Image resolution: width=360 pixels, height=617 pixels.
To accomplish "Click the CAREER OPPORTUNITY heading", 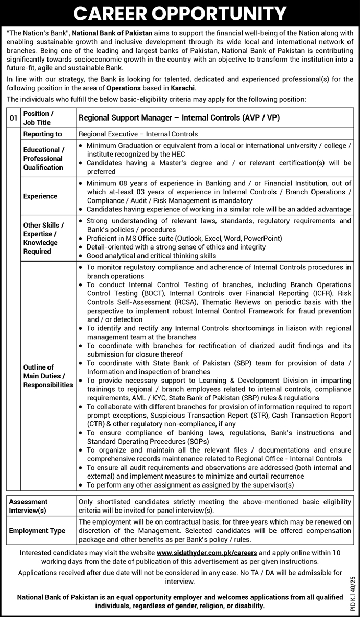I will point(180,12).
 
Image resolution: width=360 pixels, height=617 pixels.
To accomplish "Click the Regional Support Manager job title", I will point(178,118).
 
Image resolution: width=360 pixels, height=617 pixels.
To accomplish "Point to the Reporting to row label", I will point(42,134).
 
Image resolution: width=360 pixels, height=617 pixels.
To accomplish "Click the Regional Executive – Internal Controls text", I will point(138,134).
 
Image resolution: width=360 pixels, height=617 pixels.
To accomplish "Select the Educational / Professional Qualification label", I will point(43,159).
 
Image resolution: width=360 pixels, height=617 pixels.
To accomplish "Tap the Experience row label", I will point(40,196).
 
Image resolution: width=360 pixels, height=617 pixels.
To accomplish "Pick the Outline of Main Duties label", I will point(47,376).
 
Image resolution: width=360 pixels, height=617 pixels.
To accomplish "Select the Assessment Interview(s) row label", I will point(28,505).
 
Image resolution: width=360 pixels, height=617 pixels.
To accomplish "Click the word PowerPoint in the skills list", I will point(264,239).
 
